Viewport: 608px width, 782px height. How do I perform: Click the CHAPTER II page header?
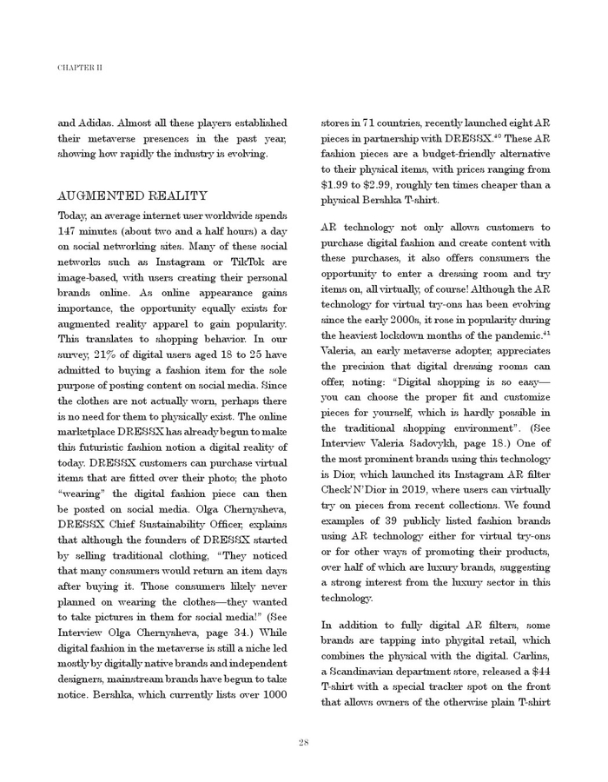click(80, 67)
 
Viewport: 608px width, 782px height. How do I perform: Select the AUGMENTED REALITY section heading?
click(132, 195)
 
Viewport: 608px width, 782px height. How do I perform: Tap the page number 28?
click(304, 741)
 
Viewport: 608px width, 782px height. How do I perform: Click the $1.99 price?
click(336, 185)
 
